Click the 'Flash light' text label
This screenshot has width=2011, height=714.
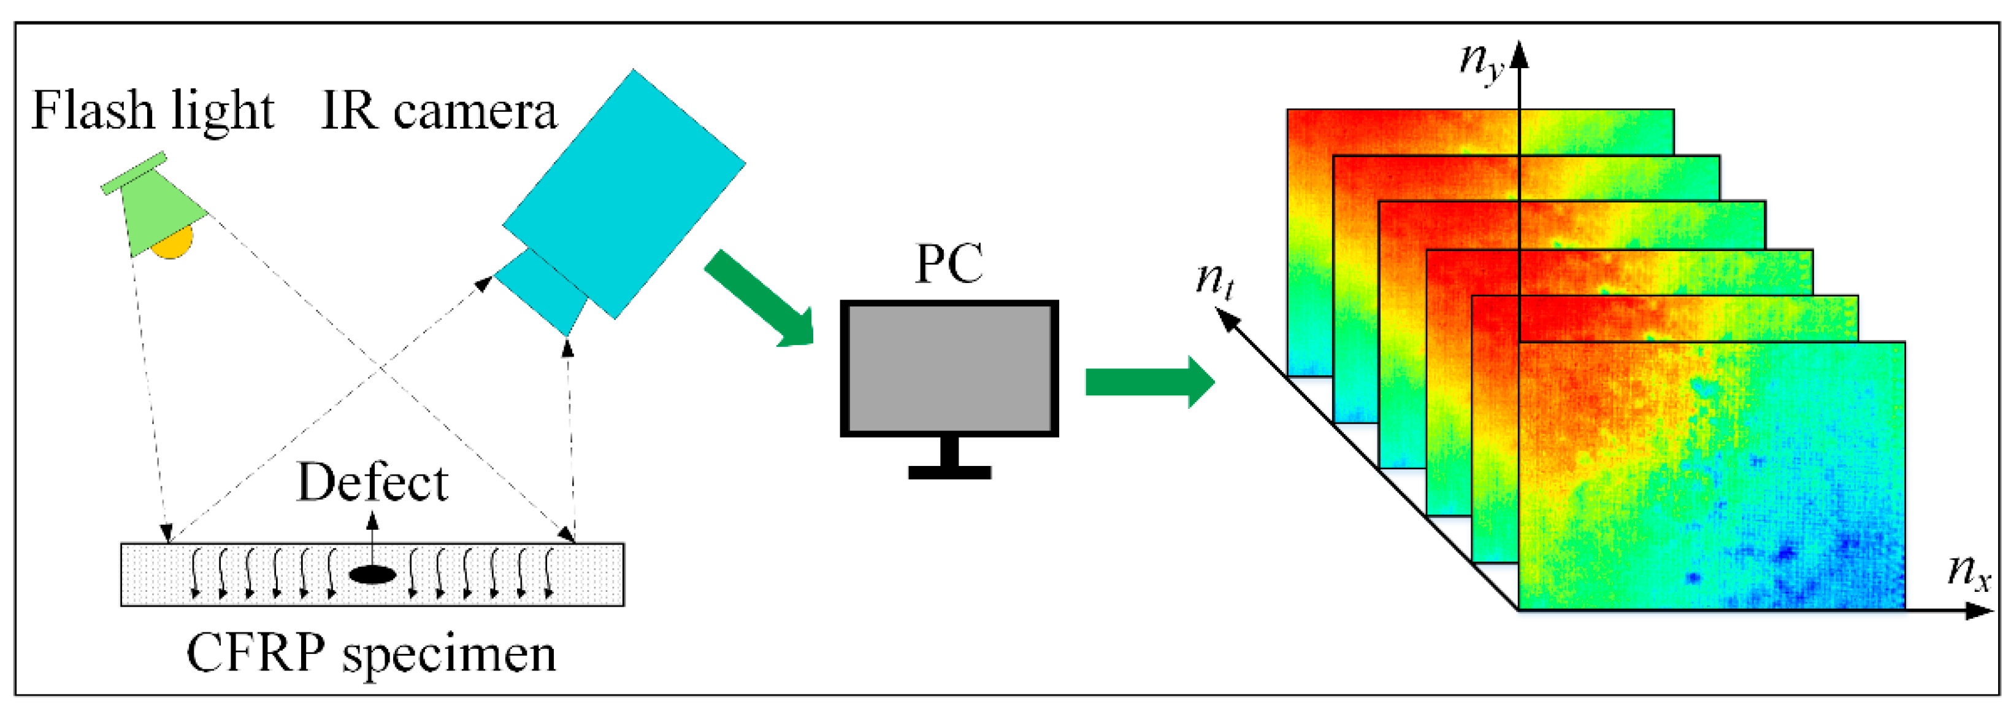coord(153,111)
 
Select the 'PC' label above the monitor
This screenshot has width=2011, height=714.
coord(949,264)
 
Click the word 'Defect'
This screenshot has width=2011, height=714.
coord(372,483)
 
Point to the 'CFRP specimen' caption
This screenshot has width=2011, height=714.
coord(372,653)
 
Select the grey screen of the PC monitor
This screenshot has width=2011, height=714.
coord(949,368)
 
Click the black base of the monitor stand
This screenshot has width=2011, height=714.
coord(949,473)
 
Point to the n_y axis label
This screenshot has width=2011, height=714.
coord(1482,64)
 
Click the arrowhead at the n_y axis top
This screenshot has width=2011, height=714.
coord(1519,55)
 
